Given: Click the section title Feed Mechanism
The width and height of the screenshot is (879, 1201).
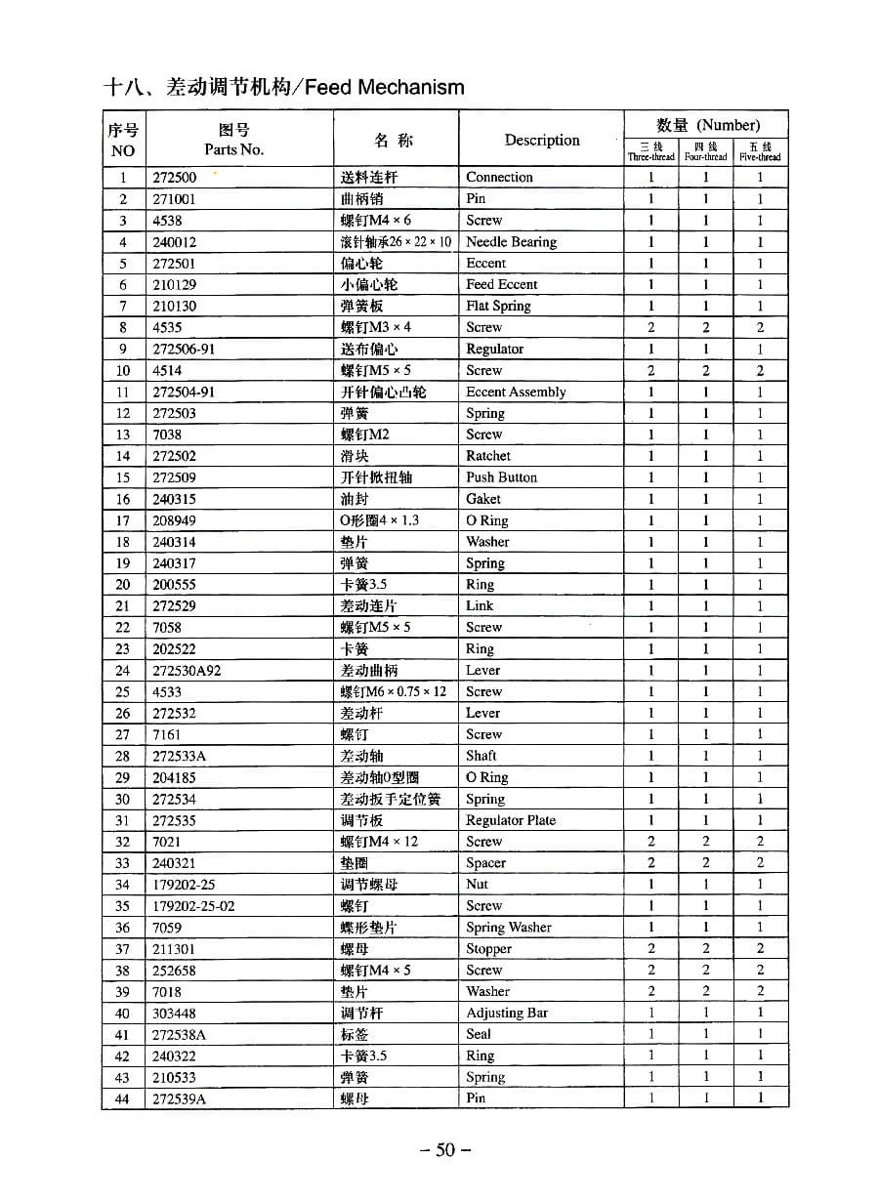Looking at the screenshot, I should click(283, 87).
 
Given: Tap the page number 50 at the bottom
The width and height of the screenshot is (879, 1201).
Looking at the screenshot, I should click(445, 1149).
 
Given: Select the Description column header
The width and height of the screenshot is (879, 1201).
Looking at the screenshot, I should click(542, 140).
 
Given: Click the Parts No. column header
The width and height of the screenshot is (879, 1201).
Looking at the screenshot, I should click(233, 140).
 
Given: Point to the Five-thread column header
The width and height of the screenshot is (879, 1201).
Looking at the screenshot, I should click(760, 151).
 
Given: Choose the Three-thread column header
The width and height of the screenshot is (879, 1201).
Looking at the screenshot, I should click(650, 151).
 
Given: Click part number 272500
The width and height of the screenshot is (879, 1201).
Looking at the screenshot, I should click(174, 178).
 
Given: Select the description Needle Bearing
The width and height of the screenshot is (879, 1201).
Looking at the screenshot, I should click(511, 242).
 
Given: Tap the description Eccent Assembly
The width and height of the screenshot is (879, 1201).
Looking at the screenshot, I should click(516, 392).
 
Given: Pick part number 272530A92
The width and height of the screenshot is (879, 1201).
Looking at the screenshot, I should click(187, 671).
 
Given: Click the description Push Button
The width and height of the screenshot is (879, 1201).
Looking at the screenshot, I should click(501, 477).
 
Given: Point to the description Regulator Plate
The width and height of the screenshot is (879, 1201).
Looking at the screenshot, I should click(511, 820).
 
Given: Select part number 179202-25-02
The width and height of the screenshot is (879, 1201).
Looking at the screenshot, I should click(193, 906).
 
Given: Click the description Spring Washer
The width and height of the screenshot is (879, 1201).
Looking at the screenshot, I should click(509, 928).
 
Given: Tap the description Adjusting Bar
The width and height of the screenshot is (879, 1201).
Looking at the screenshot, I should click(507, 1013).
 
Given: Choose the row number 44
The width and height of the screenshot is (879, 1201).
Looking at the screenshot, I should click(123, 1098).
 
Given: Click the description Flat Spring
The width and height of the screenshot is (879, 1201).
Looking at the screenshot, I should click(498, 306).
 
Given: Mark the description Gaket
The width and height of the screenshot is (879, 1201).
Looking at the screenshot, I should click(483, 499).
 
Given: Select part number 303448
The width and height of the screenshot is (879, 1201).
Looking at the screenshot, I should click(174, 1014).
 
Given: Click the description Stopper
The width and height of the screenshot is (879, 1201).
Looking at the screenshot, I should click(488, 949).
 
